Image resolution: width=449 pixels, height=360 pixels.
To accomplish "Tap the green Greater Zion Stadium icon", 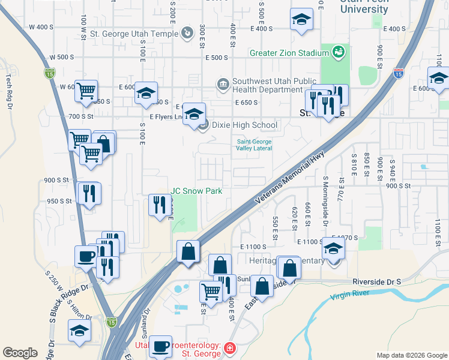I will pos(339,53).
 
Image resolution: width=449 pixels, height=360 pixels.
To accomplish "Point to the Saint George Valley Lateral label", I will pos(255,145).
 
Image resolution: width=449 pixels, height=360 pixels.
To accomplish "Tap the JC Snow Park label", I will pos(196,191).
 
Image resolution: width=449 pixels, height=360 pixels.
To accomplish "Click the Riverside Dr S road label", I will pos(376,281).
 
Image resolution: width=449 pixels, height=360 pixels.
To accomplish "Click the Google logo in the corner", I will pos(20,353).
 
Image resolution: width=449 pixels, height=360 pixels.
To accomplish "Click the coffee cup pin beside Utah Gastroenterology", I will pos(160,347).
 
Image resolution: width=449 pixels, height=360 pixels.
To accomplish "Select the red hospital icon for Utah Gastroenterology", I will pos(231,348).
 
